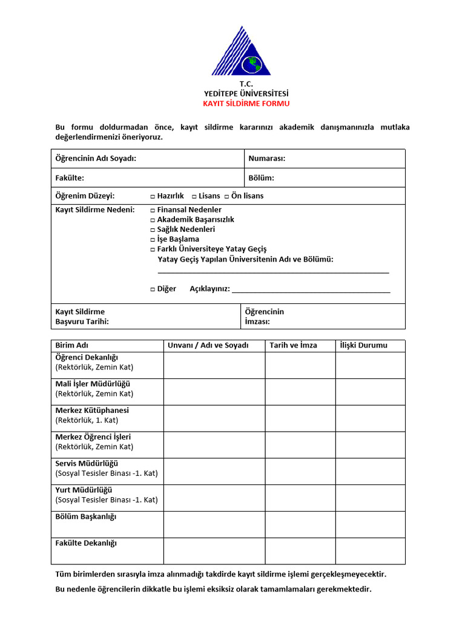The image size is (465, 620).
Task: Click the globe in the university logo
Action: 251,63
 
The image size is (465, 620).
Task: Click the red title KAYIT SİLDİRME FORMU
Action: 246,104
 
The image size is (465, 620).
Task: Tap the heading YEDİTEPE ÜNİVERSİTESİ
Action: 246,93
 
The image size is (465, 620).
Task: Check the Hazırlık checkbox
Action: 153,196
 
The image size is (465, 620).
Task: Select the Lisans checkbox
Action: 194,196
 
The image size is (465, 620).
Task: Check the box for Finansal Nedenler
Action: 153,210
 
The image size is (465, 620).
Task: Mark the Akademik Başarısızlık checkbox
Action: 153,220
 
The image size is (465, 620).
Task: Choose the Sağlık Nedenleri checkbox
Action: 153,229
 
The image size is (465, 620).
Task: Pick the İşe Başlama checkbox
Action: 153,239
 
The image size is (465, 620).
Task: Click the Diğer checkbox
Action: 153,289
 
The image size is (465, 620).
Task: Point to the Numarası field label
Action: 266,159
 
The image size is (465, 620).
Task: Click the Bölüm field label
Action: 261,178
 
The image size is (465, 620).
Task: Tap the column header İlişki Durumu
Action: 363,346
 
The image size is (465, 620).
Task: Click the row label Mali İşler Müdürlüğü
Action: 93,384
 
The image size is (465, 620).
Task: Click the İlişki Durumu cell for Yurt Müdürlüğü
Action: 370,498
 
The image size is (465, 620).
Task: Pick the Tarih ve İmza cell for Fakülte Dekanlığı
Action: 300,551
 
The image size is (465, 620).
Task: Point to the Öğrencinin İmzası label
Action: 264,317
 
